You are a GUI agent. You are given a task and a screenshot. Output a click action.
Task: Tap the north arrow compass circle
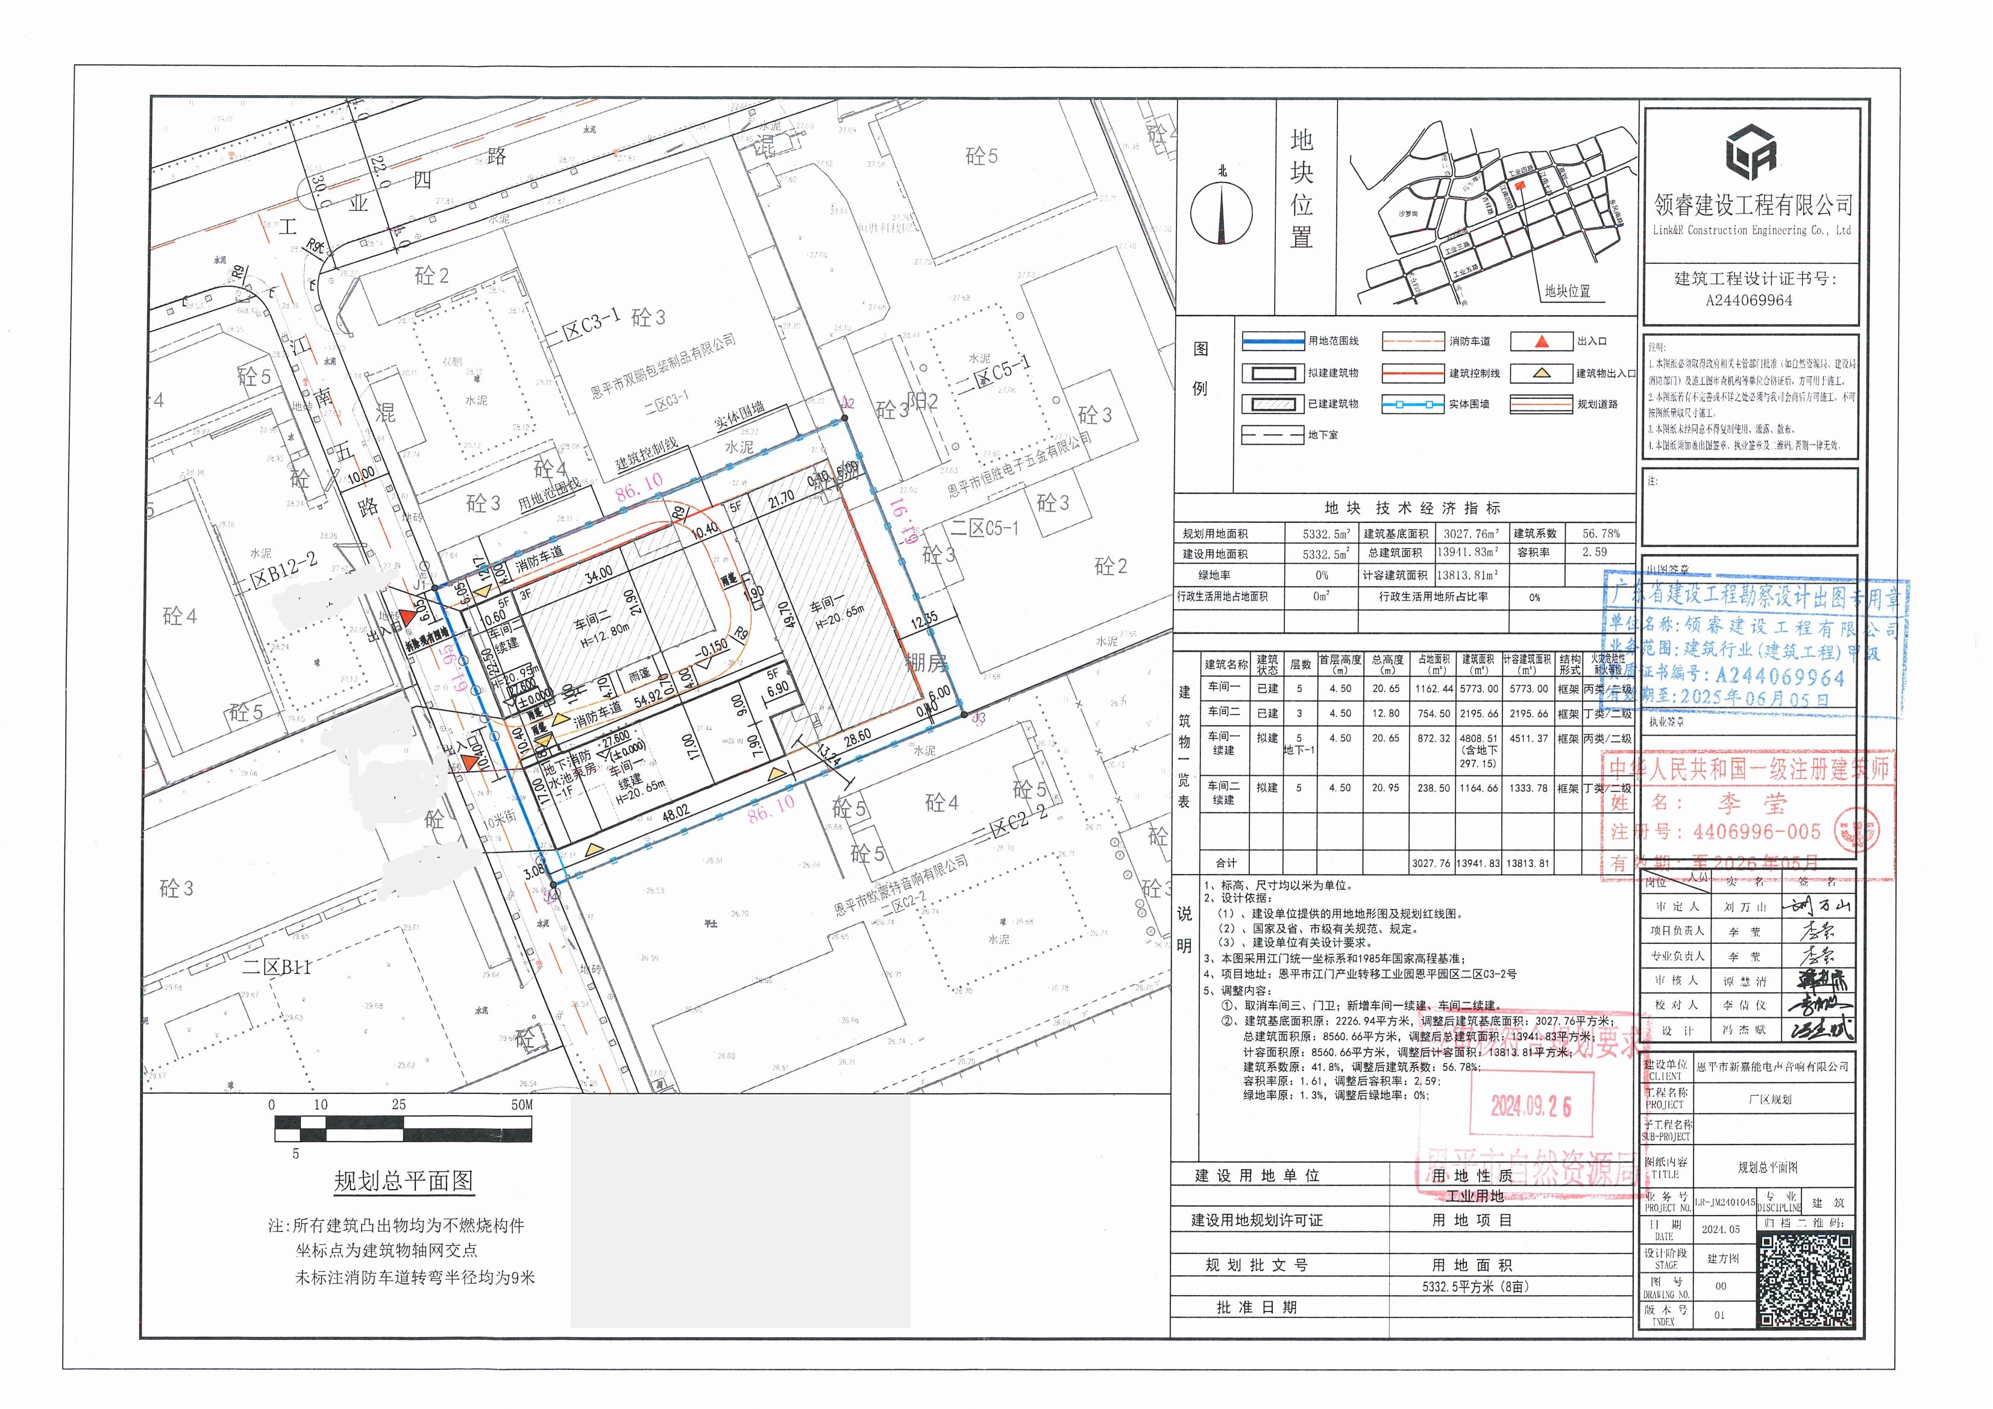coord(1222,213)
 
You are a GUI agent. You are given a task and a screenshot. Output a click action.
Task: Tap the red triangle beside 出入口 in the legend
coord(1541,341)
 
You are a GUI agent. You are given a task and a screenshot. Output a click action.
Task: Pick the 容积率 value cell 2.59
coord(1593,552)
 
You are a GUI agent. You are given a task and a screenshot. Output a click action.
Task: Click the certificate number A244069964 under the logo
coord(1748,300)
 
